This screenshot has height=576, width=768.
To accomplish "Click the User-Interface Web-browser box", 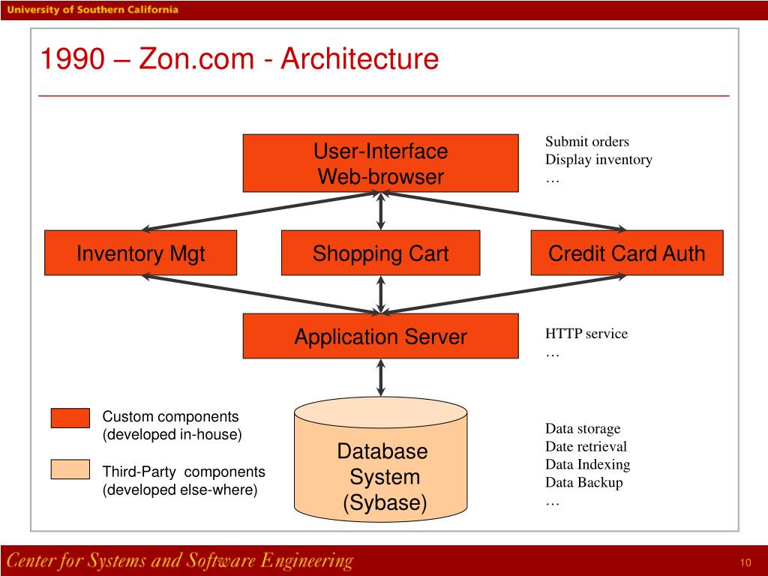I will (380, 163).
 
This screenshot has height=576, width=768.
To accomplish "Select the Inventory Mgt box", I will (140, 253).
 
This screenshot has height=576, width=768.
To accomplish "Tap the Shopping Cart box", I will (380, 253).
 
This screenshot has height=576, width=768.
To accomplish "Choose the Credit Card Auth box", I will (627, 253).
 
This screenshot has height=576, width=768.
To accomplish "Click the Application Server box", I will (380, 336).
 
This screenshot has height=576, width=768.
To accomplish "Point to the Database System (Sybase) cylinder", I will (380, 465).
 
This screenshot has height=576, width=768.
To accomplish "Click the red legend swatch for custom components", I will (70, 418).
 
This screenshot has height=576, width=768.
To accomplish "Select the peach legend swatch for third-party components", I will (70, 469).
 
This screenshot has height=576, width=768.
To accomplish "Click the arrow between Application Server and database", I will (381, 377).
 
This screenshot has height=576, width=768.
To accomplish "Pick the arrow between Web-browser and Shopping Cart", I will (381, 211).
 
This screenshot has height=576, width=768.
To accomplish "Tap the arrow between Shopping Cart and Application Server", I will (381, 294).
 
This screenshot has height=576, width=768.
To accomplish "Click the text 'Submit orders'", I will (586, 142).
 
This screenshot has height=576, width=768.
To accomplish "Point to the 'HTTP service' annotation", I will (586, 334).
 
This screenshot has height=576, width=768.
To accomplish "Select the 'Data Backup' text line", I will (583, 482).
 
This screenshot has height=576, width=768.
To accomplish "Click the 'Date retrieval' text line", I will (585, 446).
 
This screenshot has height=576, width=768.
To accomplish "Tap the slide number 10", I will (745, 563).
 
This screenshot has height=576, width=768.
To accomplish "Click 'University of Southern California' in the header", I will (94, 10).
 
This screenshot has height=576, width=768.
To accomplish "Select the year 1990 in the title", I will (71, 59).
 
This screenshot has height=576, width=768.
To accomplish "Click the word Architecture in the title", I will (359, 59).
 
